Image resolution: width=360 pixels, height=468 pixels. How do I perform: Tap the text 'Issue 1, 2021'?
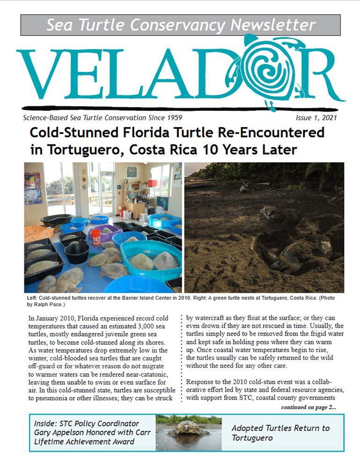coord(316,118)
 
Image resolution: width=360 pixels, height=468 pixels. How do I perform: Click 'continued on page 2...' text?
coord(308,408)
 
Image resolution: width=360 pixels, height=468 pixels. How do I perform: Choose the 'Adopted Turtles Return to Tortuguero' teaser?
coord(281,433)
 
